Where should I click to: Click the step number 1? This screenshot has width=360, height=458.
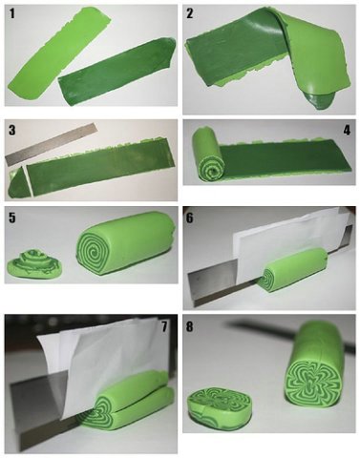[x=12, y=14]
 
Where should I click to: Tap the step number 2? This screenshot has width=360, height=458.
[x=190, y=14]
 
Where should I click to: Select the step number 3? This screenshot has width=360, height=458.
[x=12, y=131]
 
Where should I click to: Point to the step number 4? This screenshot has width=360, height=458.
[x=347, y=131]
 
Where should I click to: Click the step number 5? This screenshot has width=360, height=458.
[x=12, y=218]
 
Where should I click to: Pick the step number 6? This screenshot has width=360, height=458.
[x=190, y=219]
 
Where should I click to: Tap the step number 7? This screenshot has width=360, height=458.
[x=164, y=326]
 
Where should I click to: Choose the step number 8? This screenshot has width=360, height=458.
[x=190, y=326]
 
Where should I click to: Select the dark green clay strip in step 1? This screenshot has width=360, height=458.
[x=117, y=72]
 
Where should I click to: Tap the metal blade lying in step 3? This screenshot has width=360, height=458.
[x=51, y=145]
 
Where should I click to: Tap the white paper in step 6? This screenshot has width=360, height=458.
[x=286, y=241]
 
